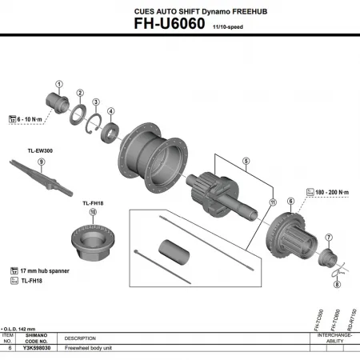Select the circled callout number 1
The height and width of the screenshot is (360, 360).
click(x=58, y=84)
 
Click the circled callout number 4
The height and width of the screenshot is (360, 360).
click(x=111, y=111)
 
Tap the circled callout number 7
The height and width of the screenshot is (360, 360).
click(x=327, y=238)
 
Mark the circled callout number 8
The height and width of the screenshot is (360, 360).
click(x=336, y=285)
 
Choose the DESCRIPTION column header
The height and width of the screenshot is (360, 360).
click(x=80, y=338)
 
